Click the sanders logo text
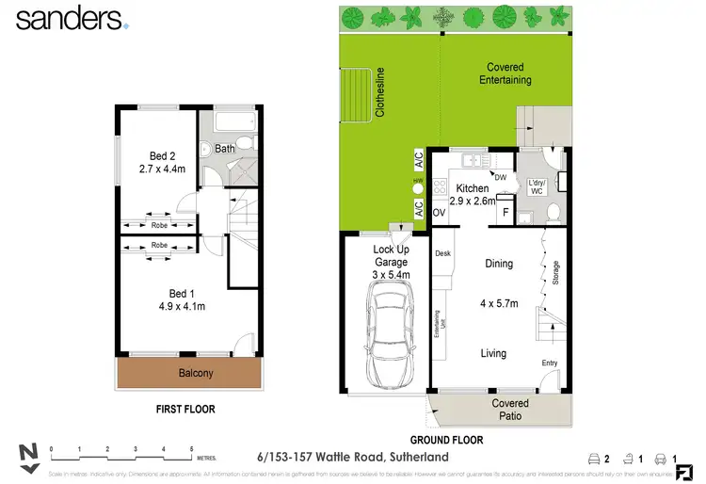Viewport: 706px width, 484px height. [x=68, y=19]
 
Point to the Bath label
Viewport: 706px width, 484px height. [x=225, y=149]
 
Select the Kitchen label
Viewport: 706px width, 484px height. [x=473, y=188]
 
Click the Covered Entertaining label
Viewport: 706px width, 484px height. [x=505, y=73]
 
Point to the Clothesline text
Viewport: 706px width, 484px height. [x=381, y=91]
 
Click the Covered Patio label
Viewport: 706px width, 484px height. [x=510, y=410]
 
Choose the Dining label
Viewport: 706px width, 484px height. [x=499, y=264]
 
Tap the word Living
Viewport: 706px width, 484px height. [x=493, y=354]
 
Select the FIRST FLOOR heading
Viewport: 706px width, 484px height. [x=185, y=410]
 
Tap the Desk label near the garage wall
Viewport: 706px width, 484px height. [x=443, y=253]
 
